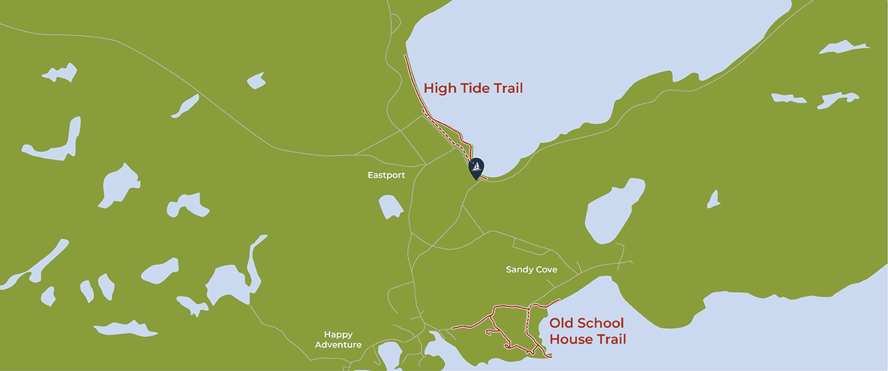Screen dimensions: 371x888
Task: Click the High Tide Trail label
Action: (x=473, y=88)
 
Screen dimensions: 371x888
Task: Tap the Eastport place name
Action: (x=386, y=175)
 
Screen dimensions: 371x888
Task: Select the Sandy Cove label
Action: (x=531, y=270)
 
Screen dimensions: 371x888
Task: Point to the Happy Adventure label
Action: (x=338, y=340)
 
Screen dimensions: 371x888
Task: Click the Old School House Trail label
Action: (x=587, y=331)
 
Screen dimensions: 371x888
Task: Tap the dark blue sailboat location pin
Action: (x=476, y=168)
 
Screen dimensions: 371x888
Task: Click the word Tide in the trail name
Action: (x=477, y=88)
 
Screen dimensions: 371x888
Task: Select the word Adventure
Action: (x=338, y=345)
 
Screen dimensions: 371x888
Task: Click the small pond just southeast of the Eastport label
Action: (x=391, y=207)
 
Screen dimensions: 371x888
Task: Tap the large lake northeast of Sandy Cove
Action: (x=613, y=212)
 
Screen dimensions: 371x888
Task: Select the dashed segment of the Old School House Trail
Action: (x=529, y=322)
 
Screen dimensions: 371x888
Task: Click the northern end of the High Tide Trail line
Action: (x=404, y=55)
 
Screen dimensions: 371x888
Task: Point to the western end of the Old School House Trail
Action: (x=452, y=327)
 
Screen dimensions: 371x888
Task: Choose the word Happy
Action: (x=338, y=334)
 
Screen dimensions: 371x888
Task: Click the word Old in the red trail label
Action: (x=561, y=323)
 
